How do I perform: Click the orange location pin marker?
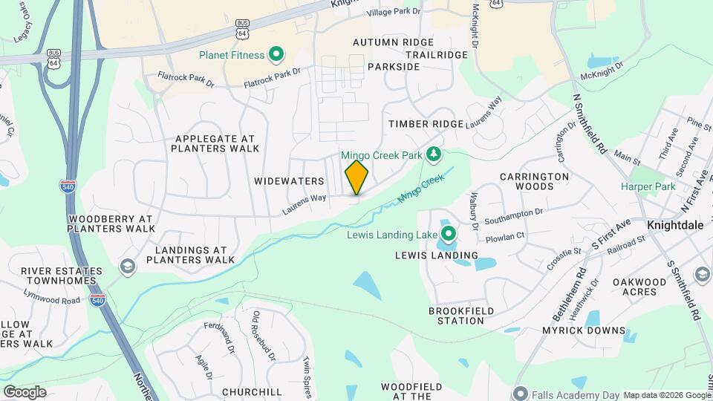coord(357,177)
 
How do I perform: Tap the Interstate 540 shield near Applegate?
coord(68,186)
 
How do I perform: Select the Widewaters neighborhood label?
coord(289,181)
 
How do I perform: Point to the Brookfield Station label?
coord(457,316)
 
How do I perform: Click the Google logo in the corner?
coord(25,392)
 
